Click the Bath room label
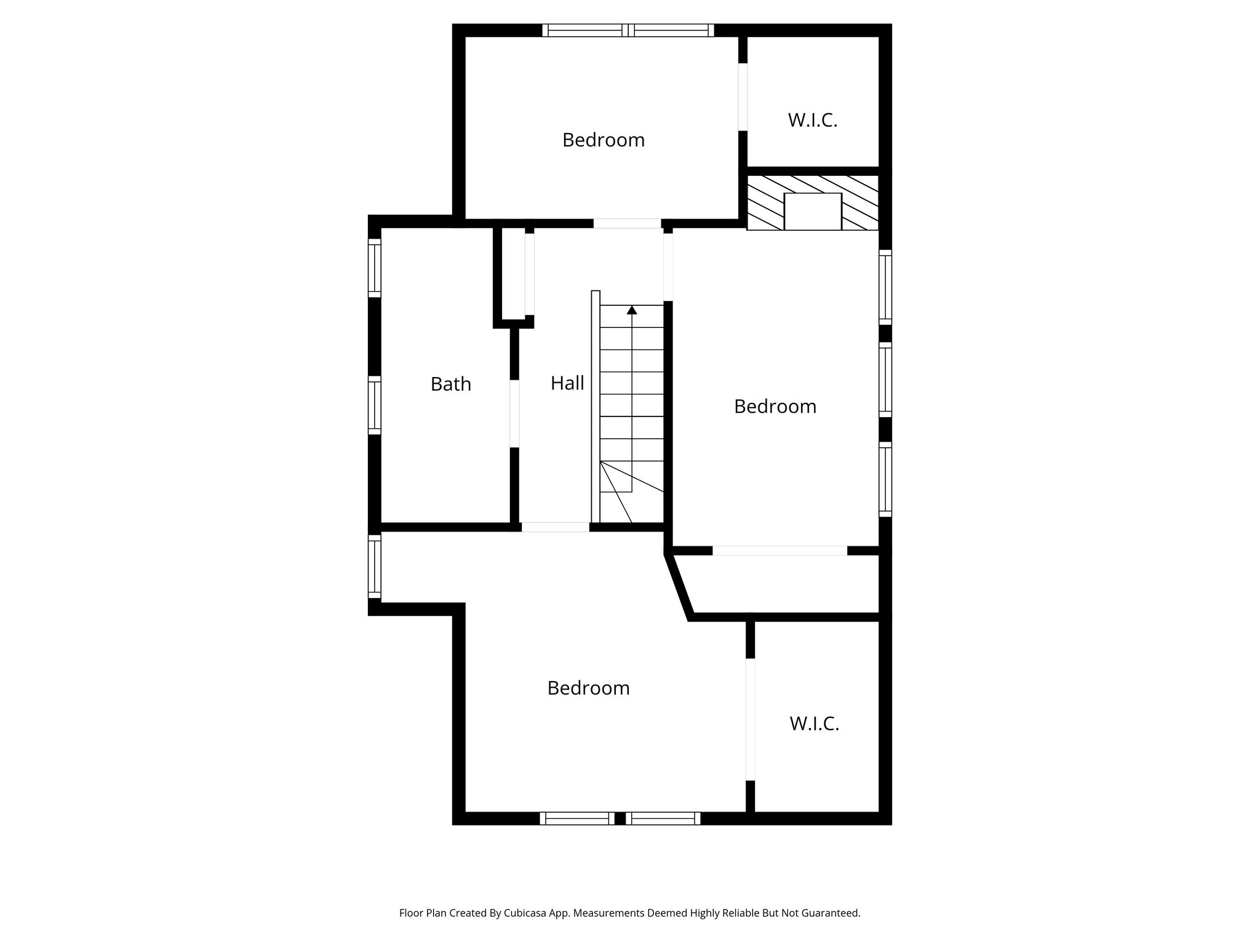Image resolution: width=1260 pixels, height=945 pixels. (x=450, y=384)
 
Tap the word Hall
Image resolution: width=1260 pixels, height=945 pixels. (x=567, y=383)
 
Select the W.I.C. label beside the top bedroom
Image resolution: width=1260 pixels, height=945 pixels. (x=813, y=121)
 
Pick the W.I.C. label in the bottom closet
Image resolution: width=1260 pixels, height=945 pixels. (x=815, y=724)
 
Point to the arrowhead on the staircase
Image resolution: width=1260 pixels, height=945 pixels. (x=632, y=310)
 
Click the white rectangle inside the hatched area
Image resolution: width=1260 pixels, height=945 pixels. (x=813, y=212)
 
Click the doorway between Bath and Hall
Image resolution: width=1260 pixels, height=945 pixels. (x=514, y=413)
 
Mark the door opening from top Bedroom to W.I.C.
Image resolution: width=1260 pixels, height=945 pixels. (x=743, y=97)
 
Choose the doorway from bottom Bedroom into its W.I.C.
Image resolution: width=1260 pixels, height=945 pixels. (x=750, y=719)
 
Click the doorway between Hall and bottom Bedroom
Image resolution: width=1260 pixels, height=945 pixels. (x=555, y=527)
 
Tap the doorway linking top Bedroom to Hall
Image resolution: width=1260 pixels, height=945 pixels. (x=628, y=223)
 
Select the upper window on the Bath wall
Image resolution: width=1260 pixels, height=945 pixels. (x=375, y=268)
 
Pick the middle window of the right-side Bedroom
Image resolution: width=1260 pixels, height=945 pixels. (x=885, y=379)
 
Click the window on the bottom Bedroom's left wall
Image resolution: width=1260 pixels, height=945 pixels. (x=375, y=567)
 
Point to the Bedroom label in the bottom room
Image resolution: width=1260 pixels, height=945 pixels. (x=588, y=688)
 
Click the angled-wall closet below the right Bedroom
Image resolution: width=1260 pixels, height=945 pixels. (x=781, y=584)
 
